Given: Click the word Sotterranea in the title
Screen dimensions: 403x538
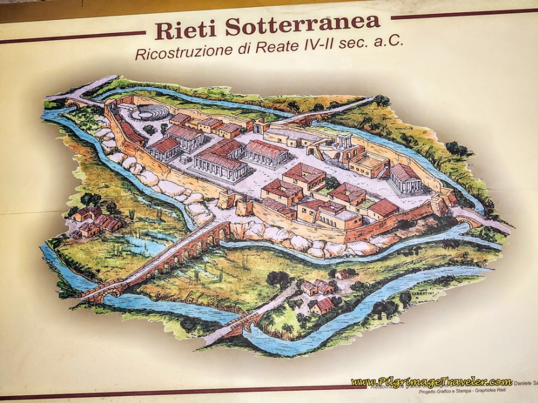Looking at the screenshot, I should click(303, 25).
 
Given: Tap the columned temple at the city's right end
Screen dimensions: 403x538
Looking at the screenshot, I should click(405, 179).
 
